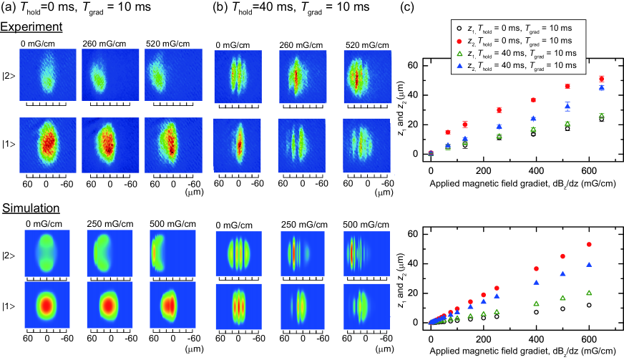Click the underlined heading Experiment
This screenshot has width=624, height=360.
(31, 27)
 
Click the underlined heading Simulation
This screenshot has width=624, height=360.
(31, 210)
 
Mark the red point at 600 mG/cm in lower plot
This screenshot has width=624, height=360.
(589, 245)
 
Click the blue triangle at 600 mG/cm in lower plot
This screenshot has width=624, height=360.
(589, 265)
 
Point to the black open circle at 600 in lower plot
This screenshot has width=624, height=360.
(589, 305)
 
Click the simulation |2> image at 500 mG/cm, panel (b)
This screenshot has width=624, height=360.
(362, 257)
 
